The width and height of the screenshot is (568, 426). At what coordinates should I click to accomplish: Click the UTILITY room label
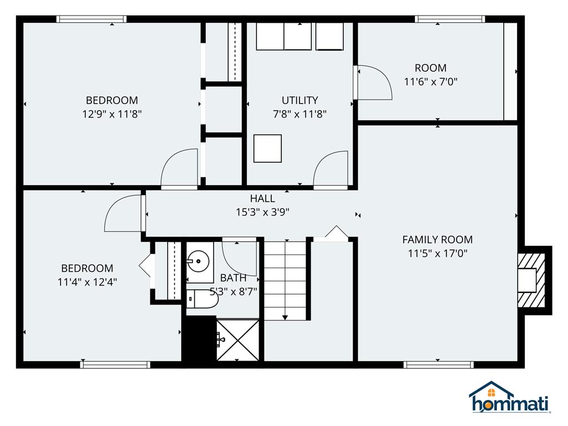300,100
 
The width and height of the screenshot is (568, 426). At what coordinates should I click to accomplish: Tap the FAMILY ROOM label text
437,240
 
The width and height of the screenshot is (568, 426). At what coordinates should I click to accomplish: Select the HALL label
262,198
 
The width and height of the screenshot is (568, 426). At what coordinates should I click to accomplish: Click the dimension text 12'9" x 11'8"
111,114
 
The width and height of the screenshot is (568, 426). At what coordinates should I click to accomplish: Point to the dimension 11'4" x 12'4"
87,282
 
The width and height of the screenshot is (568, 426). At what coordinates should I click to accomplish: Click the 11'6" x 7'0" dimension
430,82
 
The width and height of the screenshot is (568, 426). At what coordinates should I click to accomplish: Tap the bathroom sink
196,260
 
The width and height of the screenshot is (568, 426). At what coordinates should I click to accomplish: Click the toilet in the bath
201,299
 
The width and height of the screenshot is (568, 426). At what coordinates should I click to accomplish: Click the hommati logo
510,398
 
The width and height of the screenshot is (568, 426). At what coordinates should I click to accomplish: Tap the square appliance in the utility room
267,149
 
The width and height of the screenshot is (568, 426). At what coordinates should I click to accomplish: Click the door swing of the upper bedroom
179,168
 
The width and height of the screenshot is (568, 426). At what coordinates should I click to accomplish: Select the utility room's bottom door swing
331,169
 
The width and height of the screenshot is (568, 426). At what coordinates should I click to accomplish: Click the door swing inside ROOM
373,83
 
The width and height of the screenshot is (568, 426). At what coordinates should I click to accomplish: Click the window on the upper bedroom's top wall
92,19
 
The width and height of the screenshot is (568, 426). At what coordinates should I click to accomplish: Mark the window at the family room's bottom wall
438,364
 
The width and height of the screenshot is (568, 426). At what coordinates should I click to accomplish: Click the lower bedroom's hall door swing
123,213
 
